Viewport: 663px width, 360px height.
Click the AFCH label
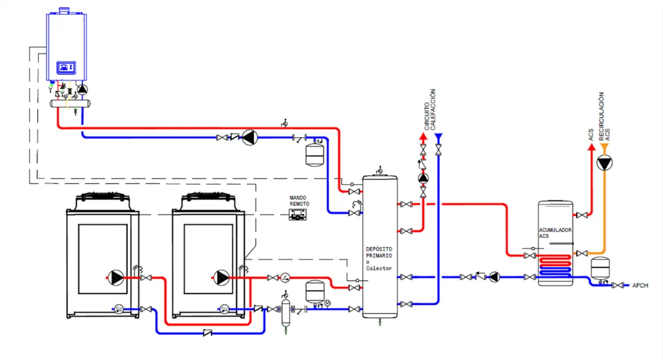point(639,285)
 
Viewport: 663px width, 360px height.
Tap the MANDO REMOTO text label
point(299,200)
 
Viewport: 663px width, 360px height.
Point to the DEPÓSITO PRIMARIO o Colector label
point(379,258)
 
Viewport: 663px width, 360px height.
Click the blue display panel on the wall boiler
point(67,68)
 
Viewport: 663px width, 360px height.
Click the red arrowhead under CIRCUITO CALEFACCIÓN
point(423,136)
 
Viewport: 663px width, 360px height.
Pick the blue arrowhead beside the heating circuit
point(438,136)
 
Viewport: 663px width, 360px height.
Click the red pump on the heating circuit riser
point(423,178)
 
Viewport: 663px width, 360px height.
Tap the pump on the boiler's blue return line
point(250,137)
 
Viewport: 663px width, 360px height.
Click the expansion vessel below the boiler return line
point(314,155)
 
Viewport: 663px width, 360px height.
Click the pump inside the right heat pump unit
point(222,277)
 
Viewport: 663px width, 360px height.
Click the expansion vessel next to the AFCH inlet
point(599,268)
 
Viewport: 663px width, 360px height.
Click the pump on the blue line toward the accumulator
point(494,277)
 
